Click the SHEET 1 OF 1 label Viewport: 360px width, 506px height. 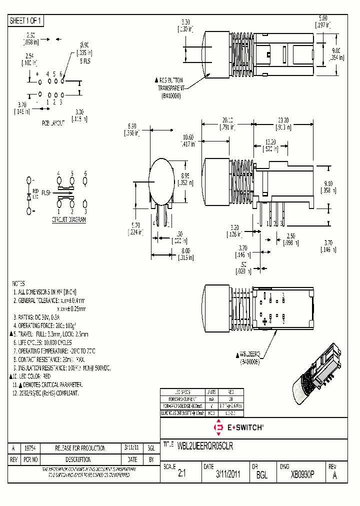[x=26, y=20]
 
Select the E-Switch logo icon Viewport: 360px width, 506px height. [x=218, y=427]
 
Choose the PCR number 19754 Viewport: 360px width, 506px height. [x=29, y=448]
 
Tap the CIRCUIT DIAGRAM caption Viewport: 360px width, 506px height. [x=68, y=220]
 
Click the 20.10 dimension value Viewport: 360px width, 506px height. [x=227, y=120]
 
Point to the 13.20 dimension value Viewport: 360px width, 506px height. [x=270, y=141]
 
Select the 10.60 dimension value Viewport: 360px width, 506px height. [x=188, y=138]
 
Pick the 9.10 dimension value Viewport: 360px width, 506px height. [x=329, y=184]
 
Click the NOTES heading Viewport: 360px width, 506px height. [x=18, y=283]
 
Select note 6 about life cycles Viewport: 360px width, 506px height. [x=42, y=342]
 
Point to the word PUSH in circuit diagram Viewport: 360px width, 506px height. [x=46, y=192]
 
